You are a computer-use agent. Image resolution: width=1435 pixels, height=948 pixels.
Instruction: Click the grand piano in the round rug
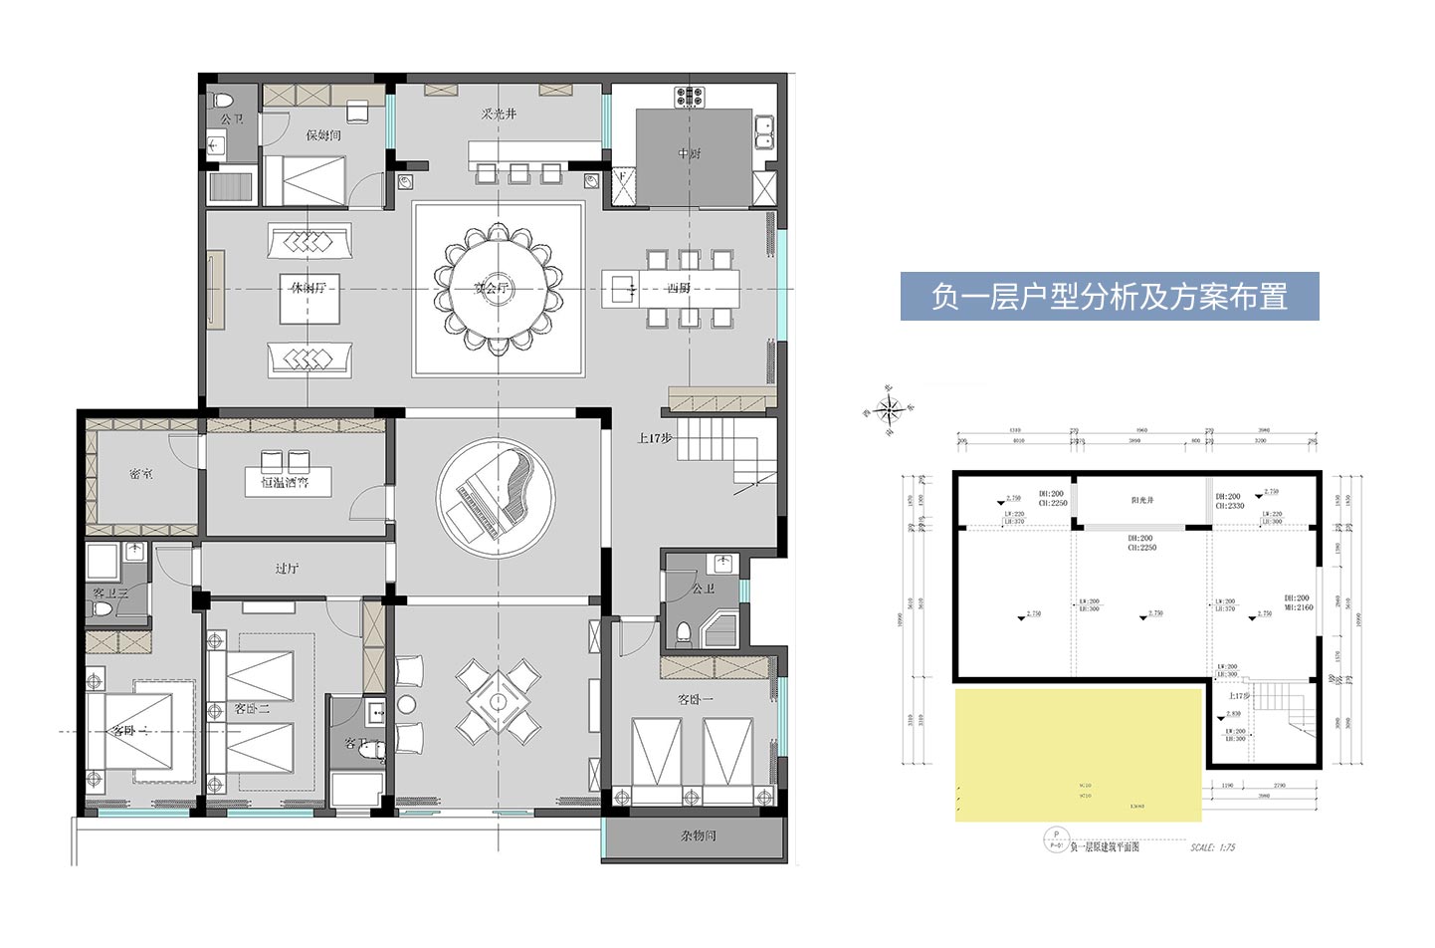click(496, 494)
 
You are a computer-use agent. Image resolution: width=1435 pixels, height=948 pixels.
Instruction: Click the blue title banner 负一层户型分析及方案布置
click(1109, 297)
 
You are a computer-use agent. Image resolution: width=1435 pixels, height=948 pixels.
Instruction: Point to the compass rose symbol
click(891, 407)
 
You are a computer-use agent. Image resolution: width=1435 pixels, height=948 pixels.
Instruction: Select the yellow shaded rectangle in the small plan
click(1078, 754)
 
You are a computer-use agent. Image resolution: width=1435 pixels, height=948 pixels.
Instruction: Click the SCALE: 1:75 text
click(1212, 847)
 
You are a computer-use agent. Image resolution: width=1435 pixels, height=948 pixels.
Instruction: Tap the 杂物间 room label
click(698, 835)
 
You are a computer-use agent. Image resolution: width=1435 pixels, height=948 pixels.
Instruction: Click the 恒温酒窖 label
click(285, 483)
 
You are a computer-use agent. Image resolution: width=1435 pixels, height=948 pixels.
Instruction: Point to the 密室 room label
click(141, 474)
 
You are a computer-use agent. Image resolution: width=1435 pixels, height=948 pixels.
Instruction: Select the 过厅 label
click(287, 569)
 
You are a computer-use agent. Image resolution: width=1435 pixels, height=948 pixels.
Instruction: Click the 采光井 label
click(499, 115)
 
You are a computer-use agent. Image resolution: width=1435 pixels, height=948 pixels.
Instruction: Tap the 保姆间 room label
click(323, 134)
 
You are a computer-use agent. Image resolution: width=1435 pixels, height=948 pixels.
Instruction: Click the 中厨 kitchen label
click(689, 153)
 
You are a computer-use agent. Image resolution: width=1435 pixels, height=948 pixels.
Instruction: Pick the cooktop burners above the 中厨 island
click(690, 97)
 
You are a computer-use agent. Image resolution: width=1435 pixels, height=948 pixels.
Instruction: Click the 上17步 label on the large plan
click(655, 437)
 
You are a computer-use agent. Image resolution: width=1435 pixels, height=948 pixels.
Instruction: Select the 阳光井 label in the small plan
click(1141, 500)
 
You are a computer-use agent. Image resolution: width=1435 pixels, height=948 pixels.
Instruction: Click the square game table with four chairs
click(497, 697)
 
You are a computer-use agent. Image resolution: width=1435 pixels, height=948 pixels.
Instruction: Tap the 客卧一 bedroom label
click(696, 699)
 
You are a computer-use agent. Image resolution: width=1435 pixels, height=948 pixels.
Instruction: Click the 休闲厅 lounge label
click(308, 288)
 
